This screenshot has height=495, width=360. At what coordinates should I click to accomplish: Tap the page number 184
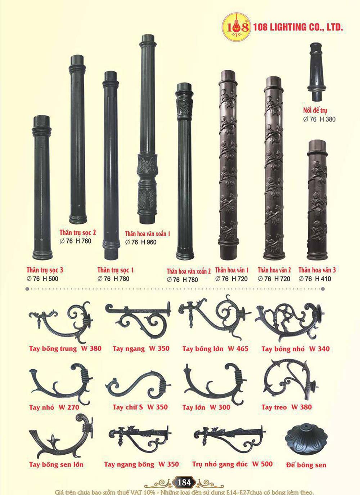coord(184,482)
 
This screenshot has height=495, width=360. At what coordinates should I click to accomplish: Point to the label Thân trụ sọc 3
coord(45,270)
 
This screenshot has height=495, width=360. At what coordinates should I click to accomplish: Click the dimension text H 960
coord(149,242)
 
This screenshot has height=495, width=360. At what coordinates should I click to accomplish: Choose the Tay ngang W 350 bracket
coord(138,318)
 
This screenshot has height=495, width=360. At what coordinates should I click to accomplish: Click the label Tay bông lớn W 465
coord(215,349)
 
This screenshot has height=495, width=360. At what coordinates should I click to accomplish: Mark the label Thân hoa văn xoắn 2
coord(189,271)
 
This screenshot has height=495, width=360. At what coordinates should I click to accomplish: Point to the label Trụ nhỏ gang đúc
coord(220,464)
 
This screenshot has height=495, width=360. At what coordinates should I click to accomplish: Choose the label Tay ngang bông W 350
coord(141,464)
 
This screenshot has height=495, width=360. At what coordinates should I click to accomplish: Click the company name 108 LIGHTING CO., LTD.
coord(298,27)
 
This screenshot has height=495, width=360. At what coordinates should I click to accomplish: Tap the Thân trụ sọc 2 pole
coord(77,139)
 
